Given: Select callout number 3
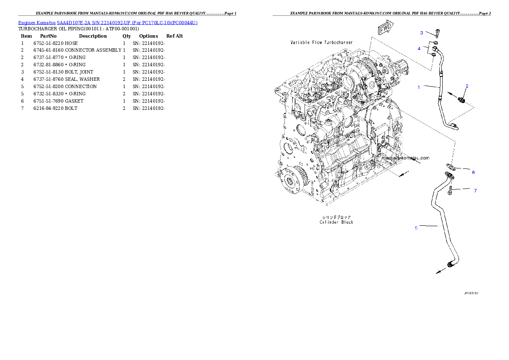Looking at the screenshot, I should (x=421, y=33).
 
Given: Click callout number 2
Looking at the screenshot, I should (x=467, y=86).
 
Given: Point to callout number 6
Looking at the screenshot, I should (x=473, y=172).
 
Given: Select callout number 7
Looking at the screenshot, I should (x=475, y=191).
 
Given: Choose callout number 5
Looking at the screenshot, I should (x=416, y=228).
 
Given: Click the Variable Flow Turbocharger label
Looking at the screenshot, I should (x=322, y=43).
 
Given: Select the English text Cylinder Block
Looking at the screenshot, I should (x=336, y=222).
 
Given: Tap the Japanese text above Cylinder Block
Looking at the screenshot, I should (x=336, y=217).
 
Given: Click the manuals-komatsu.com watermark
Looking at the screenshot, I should (x=405, y=158).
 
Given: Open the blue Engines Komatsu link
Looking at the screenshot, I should (x=108, y=23).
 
